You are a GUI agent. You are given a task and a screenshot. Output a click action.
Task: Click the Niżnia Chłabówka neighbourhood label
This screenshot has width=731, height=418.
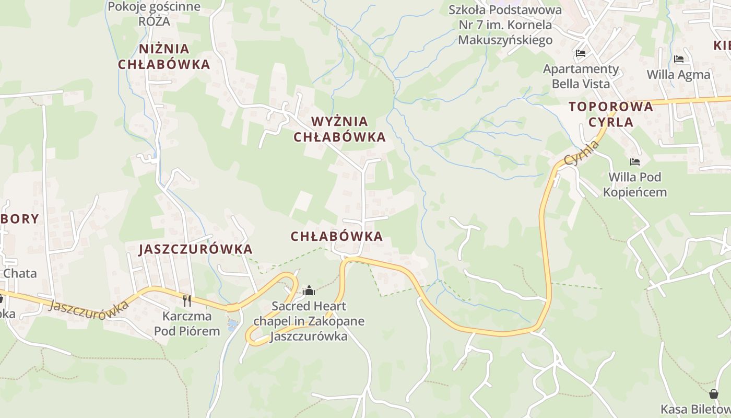[x=164, y=56]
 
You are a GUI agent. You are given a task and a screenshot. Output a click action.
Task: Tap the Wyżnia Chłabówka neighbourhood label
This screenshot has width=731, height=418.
[x=339, y=129]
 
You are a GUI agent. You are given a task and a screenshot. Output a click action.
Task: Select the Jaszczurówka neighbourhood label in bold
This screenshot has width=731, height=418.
[x=195, y=249]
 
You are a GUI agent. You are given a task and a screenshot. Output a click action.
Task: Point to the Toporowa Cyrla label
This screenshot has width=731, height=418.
[x=610, y=114]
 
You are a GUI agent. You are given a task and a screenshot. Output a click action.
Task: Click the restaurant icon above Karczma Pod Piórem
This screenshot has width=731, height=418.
[x=187, y=300]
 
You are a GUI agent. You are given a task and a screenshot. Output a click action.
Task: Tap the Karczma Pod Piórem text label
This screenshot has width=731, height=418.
[x=187, y=323]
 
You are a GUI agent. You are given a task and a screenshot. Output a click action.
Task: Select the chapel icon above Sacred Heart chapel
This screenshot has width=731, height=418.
[x=309, y=291]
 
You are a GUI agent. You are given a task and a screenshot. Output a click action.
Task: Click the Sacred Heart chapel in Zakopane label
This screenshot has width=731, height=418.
[x=309, y=321]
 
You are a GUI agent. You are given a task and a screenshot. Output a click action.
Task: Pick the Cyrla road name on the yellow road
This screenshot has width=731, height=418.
[x=582, y=153]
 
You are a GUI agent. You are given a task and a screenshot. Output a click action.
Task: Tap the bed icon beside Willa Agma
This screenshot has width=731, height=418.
[x=679, y=59]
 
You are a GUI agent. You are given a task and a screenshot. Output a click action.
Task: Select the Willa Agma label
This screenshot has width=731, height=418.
[x=679, y=75]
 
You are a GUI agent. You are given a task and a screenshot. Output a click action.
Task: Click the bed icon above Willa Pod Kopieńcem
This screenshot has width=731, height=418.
[x=635, y=162]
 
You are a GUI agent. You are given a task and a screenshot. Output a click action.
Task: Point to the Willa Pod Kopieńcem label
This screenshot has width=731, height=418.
[x=635, y=184]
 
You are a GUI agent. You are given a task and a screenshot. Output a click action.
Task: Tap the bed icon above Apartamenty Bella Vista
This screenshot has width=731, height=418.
[x=581, y=53]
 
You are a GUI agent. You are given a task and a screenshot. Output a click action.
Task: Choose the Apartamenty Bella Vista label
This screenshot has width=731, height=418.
[x=581, y=76]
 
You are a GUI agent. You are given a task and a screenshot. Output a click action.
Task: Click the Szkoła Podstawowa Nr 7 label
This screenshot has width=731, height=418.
[x=505, y=25]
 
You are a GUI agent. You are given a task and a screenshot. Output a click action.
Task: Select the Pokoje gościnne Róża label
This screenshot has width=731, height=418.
[x=154, y=14]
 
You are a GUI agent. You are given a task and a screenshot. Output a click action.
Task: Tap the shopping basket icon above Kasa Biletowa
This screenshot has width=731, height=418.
[x=714, y=394]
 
